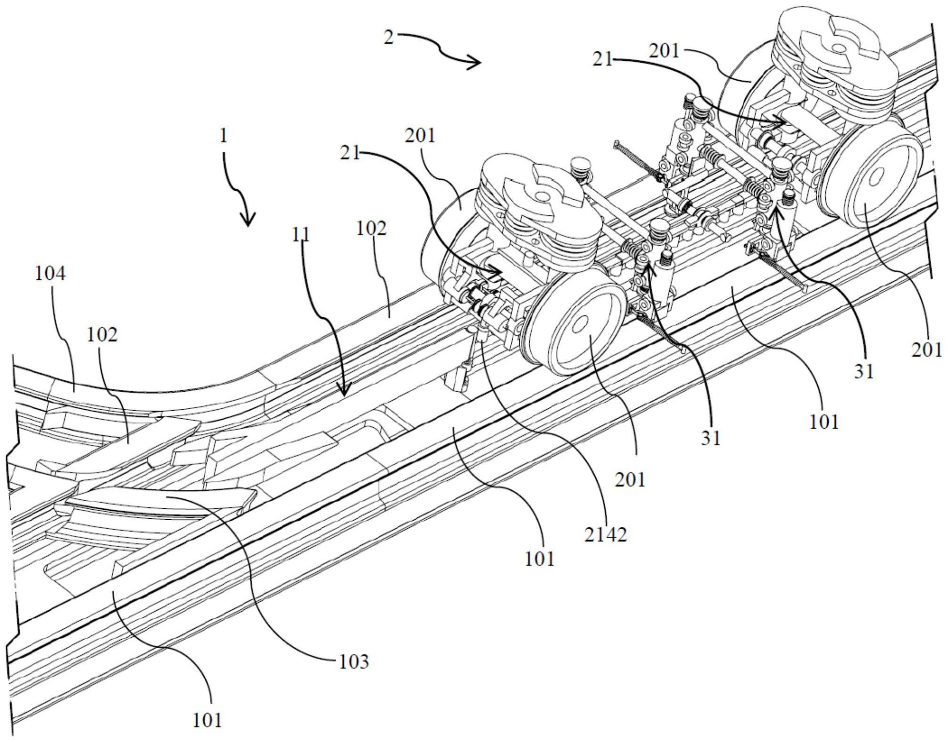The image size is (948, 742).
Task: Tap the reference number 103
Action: click(354, 662)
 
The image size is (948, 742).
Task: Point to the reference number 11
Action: click(301, 235)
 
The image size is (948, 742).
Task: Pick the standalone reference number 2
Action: click(388, 38)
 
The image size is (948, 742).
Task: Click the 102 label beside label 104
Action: click(102, 335)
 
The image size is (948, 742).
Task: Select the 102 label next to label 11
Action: click(372, 229)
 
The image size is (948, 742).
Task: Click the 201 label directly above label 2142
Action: click(631, 480)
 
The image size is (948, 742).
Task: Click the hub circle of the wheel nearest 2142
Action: click(579, 323)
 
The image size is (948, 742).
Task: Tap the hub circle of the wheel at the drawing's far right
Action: click(876, 176)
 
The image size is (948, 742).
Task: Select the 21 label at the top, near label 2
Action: click(602, 59)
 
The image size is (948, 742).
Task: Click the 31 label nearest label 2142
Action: click(710, 438)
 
